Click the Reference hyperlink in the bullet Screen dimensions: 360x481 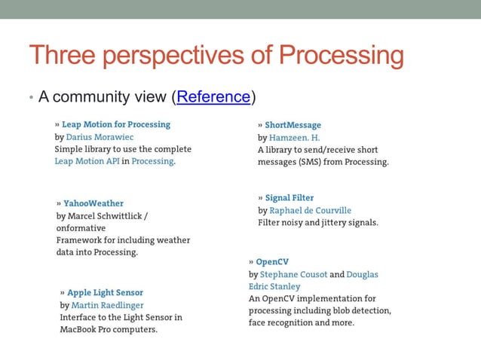(213, 96)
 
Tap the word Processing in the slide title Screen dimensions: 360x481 (341, 56)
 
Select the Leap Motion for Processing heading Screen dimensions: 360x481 (116, 124)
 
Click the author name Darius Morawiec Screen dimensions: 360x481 (99, 137)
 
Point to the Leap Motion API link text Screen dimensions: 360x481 (87, 161)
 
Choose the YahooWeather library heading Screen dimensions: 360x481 (93, 203)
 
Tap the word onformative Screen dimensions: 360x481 (81, 228)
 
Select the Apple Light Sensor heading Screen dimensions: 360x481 (105, 292)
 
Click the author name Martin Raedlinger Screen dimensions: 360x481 (107, 305)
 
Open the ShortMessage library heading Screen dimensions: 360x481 (293, 125)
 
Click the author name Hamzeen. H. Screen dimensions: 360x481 (295, 138)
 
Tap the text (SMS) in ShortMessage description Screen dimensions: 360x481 (316, 162)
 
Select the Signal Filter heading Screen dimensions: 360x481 (289, 198)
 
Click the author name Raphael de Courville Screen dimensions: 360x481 (311, 210)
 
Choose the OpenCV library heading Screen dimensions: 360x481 (272, 262)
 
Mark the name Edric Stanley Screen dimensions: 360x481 (274, 287)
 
